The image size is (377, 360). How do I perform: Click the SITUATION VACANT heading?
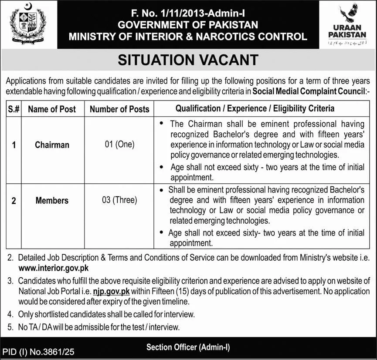(188, 60)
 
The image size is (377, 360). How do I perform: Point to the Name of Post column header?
(52, 109)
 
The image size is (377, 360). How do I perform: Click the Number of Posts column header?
(119, 109)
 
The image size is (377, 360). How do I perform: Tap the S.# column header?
(13, 109)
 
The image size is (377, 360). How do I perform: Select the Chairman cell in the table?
(52, 145)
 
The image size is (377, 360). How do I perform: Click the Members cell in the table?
(52, 201)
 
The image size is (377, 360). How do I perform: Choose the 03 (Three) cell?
(119, 200)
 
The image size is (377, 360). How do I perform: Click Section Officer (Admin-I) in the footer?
(188, 347)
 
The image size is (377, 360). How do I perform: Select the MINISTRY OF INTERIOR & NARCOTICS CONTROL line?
(188, 37)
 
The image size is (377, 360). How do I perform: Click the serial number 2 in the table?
(13, 201)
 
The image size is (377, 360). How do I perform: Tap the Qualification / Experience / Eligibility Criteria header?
(255, 108)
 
